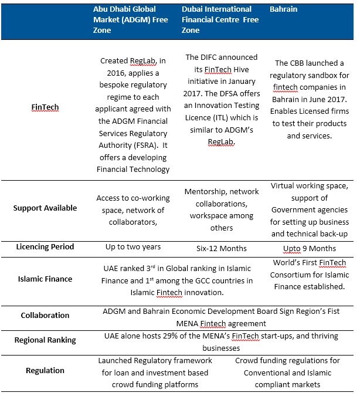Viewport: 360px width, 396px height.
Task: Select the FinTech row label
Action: (x=45, y=108)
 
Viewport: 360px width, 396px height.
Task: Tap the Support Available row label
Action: (x=45, y=208)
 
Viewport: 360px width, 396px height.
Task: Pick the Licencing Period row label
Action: (x=45, y=246)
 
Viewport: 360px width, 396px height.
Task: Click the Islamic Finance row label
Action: (x=45, y=279)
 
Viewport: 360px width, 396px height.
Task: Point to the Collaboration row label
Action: (x=45, y=315)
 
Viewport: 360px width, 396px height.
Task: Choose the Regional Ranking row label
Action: (x=45, y=340)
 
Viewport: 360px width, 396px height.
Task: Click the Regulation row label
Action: (x=45, y=370)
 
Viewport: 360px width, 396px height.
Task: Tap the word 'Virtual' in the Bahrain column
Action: (x=283, y=186)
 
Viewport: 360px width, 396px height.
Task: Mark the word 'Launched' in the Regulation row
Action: (x=116, y=361)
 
